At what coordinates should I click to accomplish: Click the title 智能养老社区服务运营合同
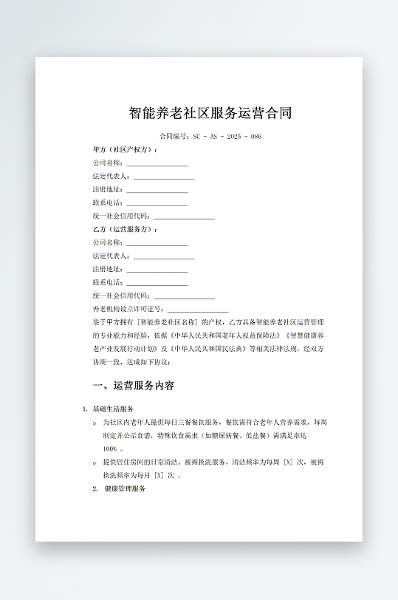point(210,113)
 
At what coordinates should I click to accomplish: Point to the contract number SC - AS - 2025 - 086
point(227,137)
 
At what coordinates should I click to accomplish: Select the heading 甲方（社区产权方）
point(125,149)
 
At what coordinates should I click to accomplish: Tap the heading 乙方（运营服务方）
point(125,229)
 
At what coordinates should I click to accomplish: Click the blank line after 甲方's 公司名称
point(157,163)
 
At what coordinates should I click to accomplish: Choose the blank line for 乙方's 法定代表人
point(163,256)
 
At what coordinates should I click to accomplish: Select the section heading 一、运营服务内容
point(134,386)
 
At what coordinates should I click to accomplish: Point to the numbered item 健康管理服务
point(125,489)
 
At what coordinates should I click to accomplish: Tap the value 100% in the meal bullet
point(111,449)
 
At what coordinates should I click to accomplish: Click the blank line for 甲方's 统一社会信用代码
point(184,217)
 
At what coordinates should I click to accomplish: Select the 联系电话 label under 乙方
point(108,282)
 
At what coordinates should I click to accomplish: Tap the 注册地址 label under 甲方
point(108,189)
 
